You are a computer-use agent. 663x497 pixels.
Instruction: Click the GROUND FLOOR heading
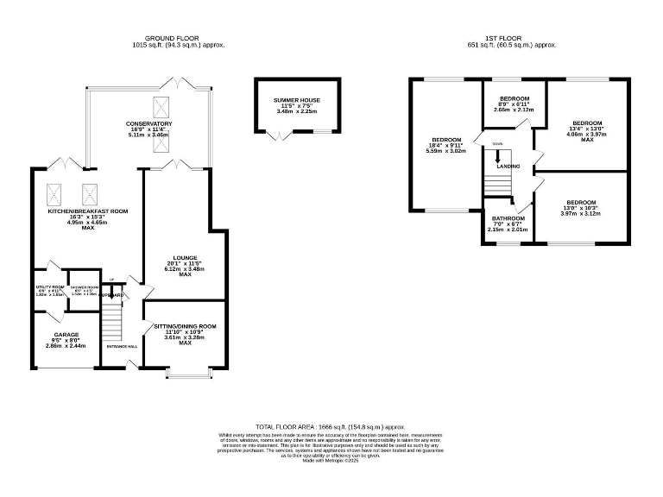point(172,39)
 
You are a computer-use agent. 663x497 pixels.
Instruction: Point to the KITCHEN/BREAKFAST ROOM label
point(88,211)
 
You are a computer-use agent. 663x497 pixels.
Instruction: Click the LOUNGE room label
point(185,258)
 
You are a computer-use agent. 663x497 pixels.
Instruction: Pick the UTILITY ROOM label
point(50,287)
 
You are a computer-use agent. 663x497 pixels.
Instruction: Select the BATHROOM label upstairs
point(508,219)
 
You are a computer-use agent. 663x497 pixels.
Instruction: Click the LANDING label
point(508,166)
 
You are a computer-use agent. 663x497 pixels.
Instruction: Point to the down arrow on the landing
point(498,158)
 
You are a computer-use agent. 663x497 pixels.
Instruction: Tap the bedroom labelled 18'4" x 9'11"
point(447,140)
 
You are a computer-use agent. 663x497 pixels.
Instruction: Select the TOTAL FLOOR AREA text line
point(331,427)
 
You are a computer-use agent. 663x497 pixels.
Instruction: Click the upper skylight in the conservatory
point(161,107)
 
